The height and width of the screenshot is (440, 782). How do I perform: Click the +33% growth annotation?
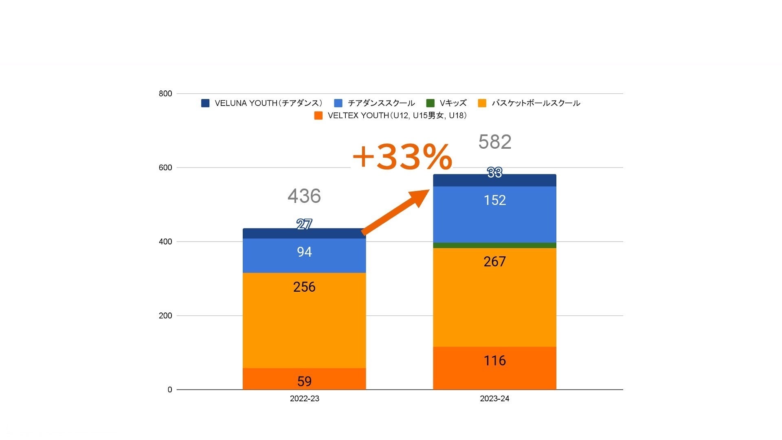pyautogui.click(x=402, y=157)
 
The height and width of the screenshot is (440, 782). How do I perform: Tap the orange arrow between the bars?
pyautogui.click(x=395, y=213)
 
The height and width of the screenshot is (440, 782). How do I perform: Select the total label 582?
pyautogui.click(x=494, y=142)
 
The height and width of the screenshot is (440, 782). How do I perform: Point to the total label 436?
pyautogui.click(x=304, y=196)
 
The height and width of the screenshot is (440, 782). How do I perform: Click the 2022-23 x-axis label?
pyautogui.click(x=304, y=398)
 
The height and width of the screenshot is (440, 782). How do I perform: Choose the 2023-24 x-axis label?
pyautogui.click(x=494, y=398)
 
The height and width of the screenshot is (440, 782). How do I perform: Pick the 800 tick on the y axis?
pyautogui.click(x=165, y=94)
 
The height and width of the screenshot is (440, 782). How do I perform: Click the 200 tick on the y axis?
pyautogui.click(x=165, y=316)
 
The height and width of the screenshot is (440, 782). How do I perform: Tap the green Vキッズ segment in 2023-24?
pyautogui.click(x=494, y=245)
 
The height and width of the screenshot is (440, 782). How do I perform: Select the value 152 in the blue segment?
pyautogui.click(x=494, y=200)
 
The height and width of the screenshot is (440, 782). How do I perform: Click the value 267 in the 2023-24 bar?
pyautogui.click(x=494, y=262)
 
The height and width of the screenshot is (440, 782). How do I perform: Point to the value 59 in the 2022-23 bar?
pyautogui.click(x=304, y=381)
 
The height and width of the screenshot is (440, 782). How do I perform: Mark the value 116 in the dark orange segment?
pyautogui.click(x=494, y=361)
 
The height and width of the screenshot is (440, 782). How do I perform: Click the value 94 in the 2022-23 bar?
pyautogui.click(x=304, y=252)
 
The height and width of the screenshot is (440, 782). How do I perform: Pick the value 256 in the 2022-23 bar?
pyautogui.click(x=304, y=287)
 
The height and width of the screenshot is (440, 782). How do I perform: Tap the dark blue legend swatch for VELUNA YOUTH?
pyautogui.click(x=205, y=103)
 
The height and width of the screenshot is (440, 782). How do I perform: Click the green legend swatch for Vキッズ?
pyautogui.click(x=430, y=103)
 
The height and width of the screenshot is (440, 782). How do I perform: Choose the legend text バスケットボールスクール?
pyautogui.click(x=536, y=103)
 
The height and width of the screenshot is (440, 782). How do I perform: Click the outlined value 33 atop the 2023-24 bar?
pyautogui.click(x=494, y=173)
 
